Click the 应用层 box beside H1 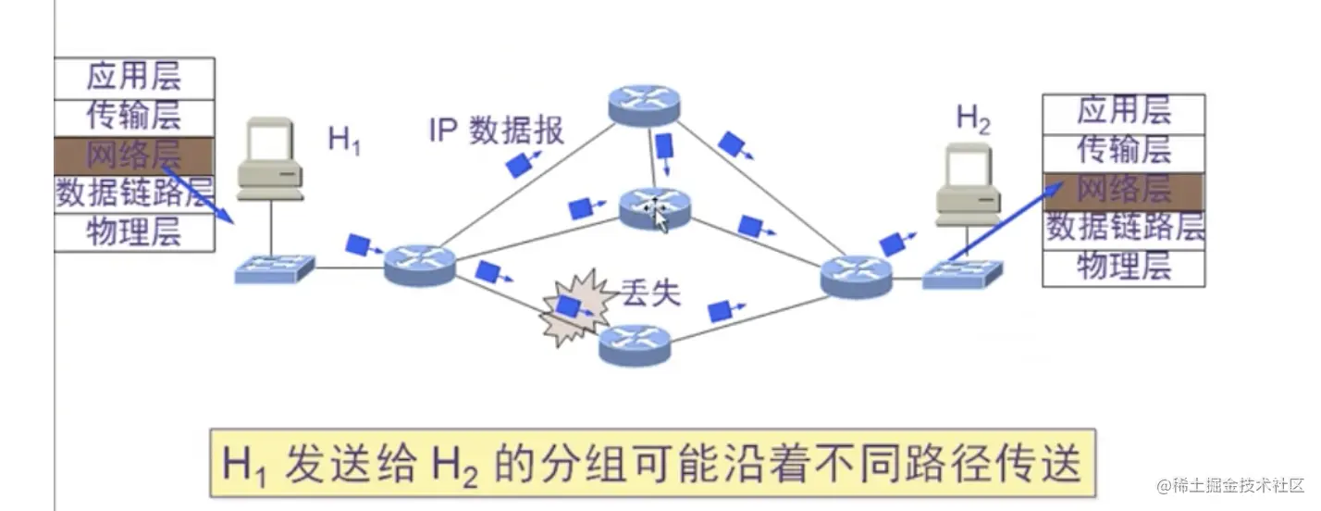pyautogui.click(x=134, y=77)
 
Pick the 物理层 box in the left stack pyautogui.click(x=134, y=231)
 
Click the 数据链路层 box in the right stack pyautogui.click(x=1124, y=227)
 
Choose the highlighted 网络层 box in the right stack pyautogui.click(x=1124, y=189)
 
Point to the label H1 pyautogui.click(x=344, y=141)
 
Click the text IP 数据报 pyautogui.click(x=496, y=131)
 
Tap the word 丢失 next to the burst pyautogui.click(x=649, y=293)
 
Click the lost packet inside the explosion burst pyautogui.click(x=570, y=307)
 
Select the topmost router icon pyautogui.click(x=644, y=103)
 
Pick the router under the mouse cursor pyautogui.click(x=654, y=206)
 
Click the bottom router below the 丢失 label pyautogui.click(x=634, y=345)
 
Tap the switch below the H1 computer pyautogui.click(x=274, y=269)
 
